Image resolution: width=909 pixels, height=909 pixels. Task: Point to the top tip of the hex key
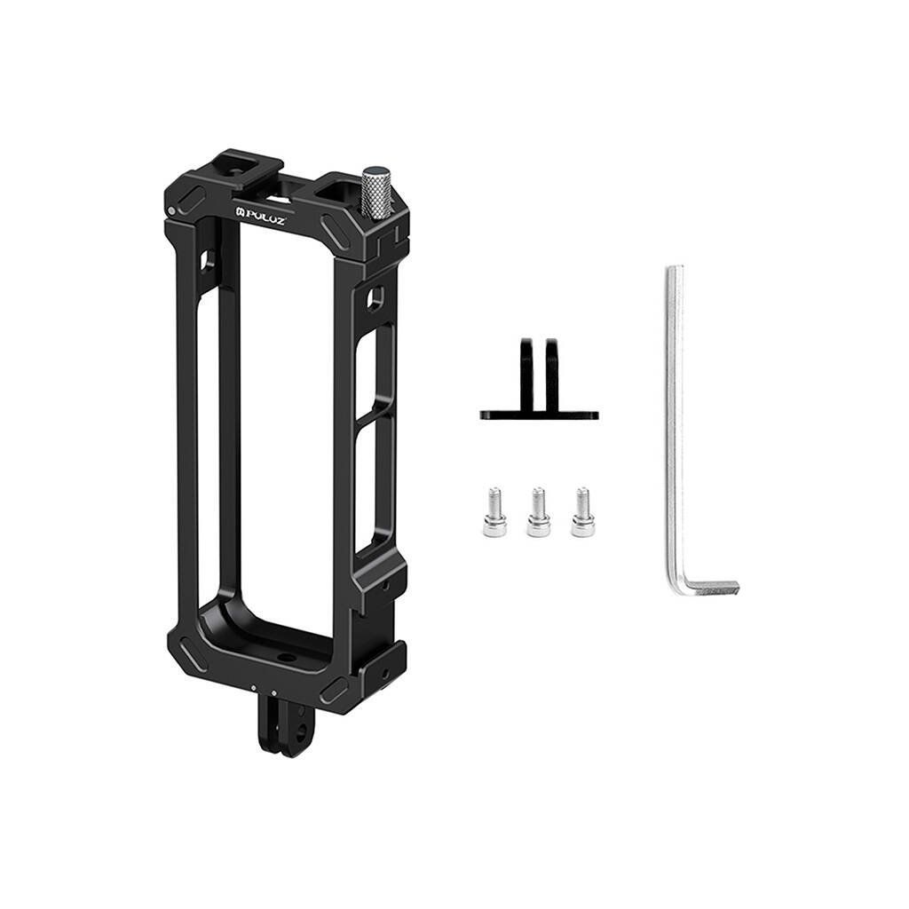pos(674,267)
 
